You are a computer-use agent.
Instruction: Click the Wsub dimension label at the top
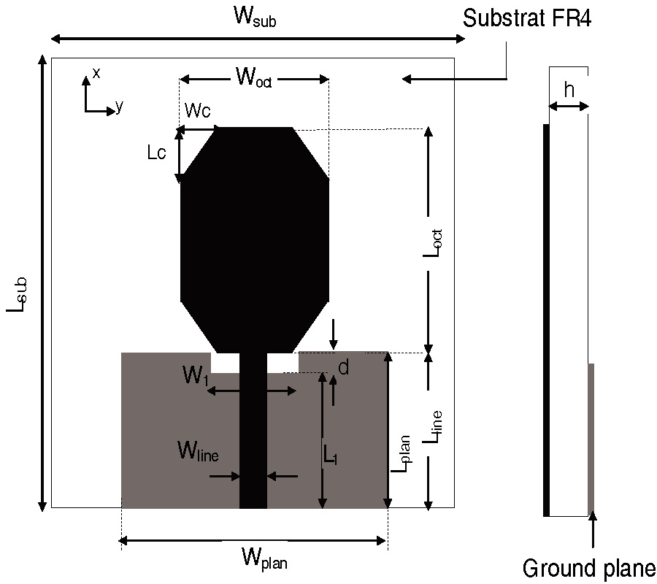click(x=255, y=18)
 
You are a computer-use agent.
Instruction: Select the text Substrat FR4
click(x=526, y=18)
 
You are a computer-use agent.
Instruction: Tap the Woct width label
click(x=253, y=76)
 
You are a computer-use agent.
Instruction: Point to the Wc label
click(x=197, y=110)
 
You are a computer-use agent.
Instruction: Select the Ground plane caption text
click(x=588, y=567)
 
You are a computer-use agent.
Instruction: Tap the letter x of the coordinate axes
click(x=96, y=72)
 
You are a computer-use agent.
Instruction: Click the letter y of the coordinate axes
click(x=119, y=107)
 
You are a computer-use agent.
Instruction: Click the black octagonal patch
click(x=254, y=234)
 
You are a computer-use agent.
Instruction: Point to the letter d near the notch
click(x=343, y=368)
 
